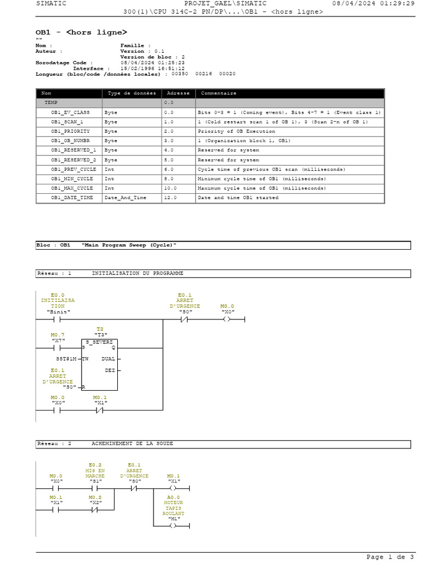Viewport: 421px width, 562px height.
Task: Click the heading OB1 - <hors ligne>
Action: click(x=81, y=32)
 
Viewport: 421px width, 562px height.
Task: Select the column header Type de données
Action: click(x=132, y=93)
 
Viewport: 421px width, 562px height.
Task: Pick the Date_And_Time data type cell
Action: click(x=125, y=197)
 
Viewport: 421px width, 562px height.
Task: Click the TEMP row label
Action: click(x=51, y=103)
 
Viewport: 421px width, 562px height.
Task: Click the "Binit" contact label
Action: click(x=58, y=312)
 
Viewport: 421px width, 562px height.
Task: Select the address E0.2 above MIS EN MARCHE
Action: click(x=95, y=465)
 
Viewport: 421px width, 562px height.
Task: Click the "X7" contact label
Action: click(x=58, y=340)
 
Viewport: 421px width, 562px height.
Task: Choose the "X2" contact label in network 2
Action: click(x=96, y=502)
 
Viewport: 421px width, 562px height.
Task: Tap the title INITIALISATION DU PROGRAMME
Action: click(x=137, y=273)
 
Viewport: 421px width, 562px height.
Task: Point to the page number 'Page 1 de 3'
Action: click(x=390, y=557)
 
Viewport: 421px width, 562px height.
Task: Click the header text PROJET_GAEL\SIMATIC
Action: click(x=225, y=3)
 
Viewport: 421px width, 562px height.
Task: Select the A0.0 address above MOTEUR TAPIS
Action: click(x=174, y=497)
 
